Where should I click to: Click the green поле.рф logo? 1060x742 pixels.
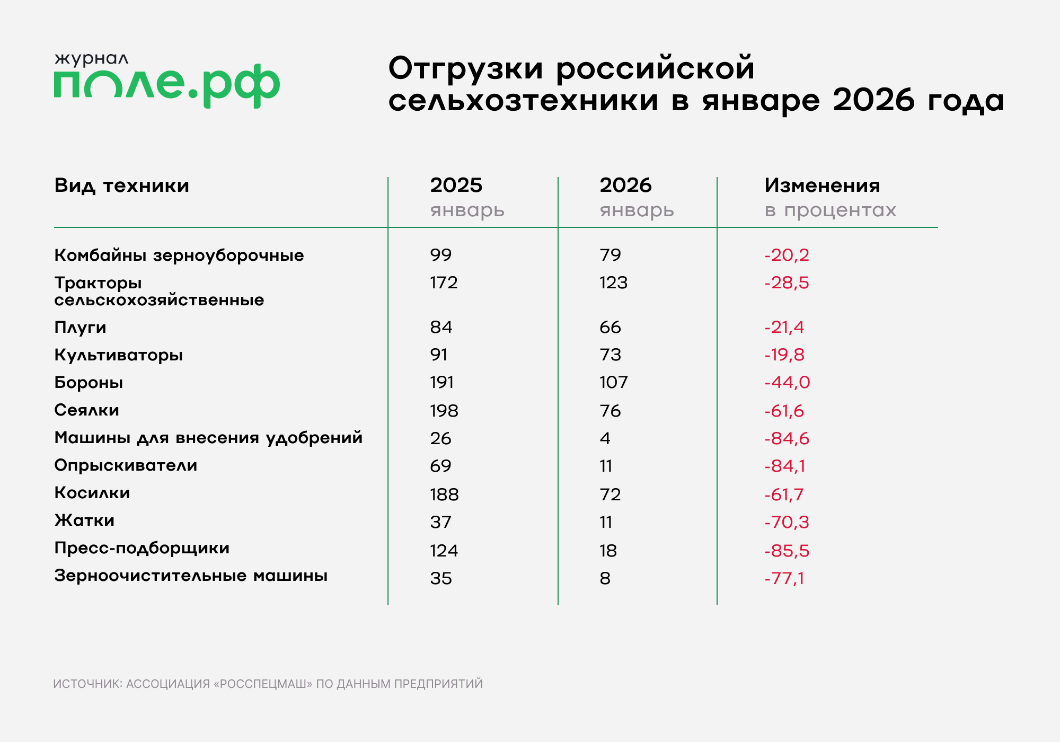(166, 85)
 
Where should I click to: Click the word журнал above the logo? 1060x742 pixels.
(91, 58)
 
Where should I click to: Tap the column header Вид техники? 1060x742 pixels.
(121, 185)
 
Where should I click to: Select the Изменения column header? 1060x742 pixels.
(821, 185)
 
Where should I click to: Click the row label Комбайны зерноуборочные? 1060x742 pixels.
(179, 255)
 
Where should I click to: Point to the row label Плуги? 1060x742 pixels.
(80, 328)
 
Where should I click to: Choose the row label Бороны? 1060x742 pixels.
(89, 383)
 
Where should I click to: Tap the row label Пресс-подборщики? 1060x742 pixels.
(142, 548)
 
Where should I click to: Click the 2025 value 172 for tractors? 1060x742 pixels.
(444, 282)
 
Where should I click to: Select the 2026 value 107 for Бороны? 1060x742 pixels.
(613, 382)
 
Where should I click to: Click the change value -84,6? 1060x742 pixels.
(787, 438)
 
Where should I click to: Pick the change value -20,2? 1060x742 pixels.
(787, 255)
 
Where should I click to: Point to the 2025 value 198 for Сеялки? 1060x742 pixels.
(444, 411)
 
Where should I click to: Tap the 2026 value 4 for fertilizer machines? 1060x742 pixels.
(605, 438)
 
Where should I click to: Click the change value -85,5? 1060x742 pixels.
(787, 551)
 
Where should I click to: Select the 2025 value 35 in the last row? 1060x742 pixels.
(440, 578)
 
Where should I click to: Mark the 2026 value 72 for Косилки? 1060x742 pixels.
(610, 494)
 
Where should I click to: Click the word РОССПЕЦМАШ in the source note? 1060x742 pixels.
(263, 684)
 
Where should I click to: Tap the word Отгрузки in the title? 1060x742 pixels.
(466, 69)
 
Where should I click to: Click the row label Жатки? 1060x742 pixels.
(84, 520)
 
